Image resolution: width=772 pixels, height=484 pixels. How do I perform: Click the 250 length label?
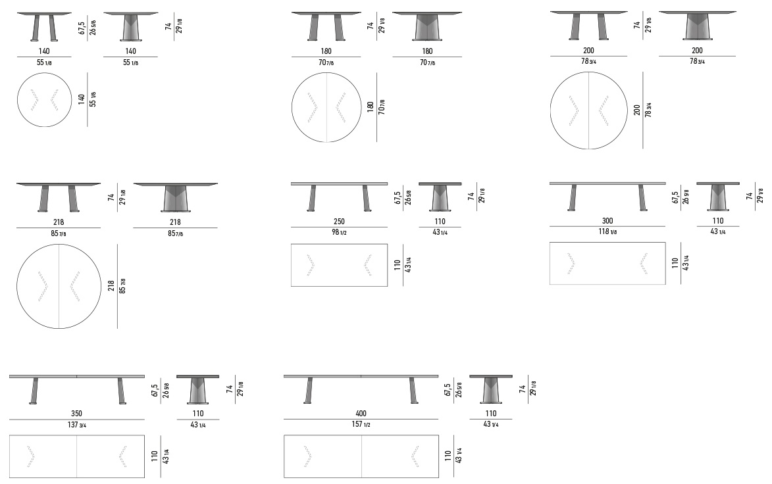click(339, 222)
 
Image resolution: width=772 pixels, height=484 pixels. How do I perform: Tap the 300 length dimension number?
click(607, 221)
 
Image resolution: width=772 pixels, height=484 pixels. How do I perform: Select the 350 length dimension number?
click(76, 414)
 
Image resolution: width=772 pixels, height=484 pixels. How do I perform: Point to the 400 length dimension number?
click(361, 414)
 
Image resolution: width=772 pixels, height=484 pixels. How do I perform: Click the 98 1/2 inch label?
click(339, 232)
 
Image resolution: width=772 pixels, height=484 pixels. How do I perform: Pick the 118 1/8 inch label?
click(607, 231)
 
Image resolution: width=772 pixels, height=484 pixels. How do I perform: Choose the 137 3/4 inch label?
click(76, 424)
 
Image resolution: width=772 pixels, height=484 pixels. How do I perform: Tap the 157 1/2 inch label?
click(361, 424)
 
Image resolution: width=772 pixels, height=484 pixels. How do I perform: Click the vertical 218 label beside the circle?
click(111, 286)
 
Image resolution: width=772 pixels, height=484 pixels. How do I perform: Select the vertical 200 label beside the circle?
click(637, 110)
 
